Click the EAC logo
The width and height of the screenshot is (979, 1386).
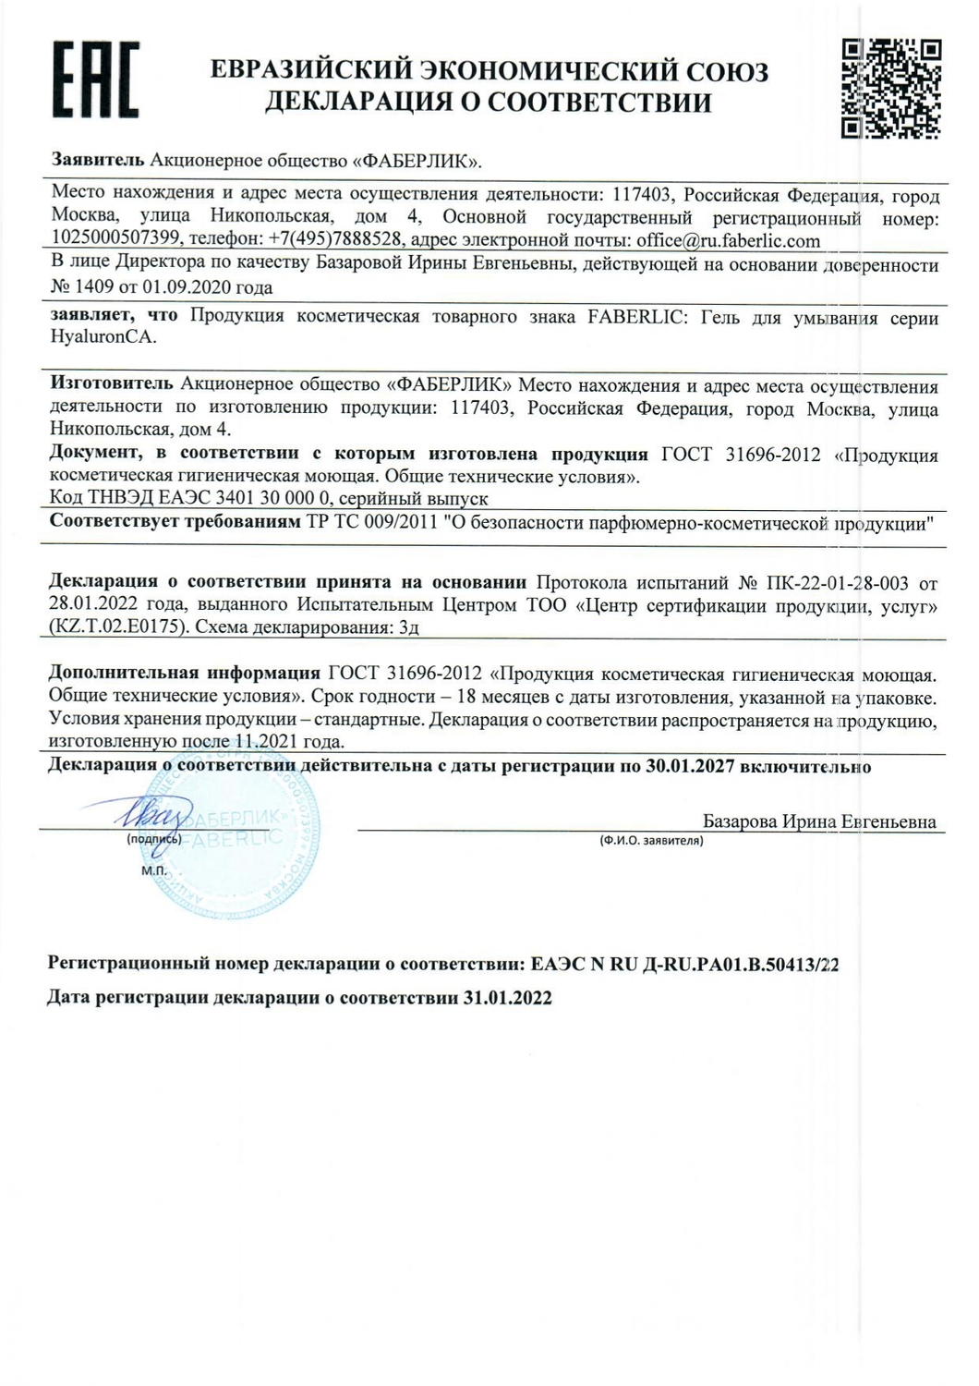95,79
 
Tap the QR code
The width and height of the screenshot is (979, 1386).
890,88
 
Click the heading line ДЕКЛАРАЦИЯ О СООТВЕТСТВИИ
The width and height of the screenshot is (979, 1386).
489,103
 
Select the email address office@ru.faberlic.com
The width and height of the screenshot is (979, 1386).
729,241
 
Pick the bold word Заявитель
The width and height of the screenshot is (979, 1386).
97,160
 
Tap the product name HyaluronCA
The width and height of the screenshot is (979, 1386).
103,337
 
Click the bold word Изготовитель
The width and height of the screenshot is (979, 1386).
111,384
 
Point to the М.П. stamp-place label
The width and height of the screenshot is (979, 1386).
154,869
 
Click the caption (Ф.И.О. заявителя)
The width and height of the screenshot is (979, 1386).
651,841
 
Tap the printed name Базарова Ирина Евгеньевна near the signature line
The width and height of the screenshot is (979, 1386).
819,821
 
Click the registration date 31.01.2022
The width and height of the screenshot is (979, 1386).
507,998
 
